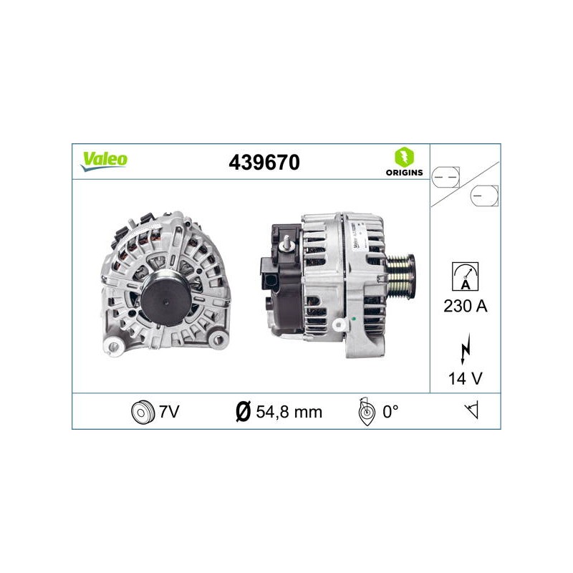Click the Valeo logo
pos(104,161)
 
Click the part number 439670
pos(264,163)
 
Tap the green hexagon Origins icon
pos(404,157)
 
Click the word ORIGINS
pos(404,173)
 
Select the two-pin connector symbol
pos(446,177)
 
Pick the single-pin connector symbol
pos(484,196)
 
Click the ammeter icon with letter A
pos(465,276)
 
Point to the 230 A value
pos(465,306)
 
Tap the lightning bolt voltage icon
pos(465,349)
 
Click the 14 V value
pos(465,379)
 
